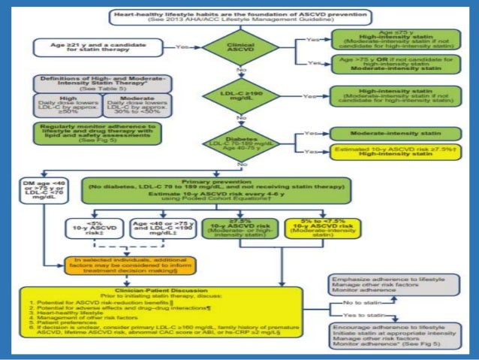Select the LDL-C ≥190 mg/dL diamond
[239, 95]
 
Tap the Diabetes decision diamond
[239, 141]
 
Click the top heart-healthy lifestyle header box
[239, 17]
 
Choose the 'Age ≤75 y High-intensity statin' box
[385, 41]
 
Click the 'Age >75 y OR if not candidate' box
[385, 68]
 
